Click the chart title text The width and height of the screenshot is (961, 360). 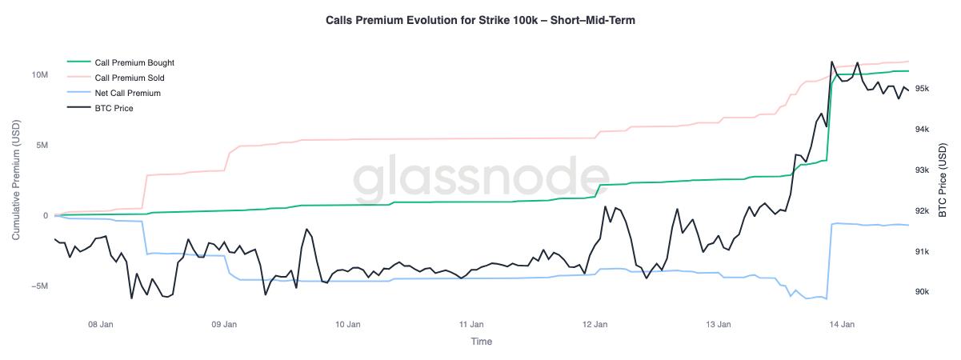(x=480, y=20)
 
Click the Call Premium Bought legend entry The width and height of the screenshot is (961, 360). (x=134, y=62)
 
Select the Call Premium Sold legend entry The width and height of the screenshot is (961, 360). (x=130, y=78)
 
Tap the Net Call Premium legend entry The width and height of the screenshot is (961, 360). (x=127, y=93)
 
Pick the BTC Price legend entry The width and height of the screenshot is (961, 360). (x=114, y=108)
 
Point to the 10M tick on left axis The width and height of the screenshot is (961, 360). (x=40, y=74)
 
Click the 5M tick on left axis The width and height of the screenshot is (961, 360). (x=42, y=145)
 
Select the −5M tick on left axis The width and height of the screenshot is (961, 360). (x=40, y=286)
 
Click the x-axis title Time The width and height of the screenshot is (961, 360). (x=481, y=342)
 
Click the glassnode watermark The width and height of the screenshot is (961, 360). (x=481, y=180)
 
